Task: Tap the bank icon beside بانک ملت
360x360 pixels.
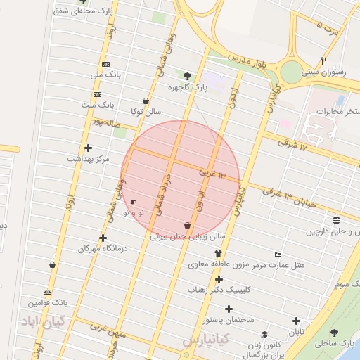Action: tap(97, 94)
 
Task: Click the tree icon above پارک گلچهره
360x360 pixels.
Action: tap(186, 76)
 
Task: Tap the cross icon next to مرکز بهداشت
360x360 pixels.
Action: tap(88, 148)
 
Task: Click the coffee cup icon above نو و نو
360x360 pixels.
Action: tap(134, 202)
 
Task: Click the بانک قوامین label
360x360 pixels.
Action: tap(48, 303)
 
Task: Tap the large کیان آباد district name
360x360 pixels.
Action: tap(43, 321)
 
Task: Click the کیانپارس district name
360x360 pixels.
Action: tap(207, 340)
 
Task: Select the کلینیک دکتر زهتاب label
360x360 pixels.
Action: tap(218, 290)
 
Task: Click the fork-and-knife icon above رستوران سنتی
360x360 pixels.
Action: tap(323, 60)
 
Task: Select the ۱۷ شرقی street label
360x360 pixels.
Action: tap(293, 146)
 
